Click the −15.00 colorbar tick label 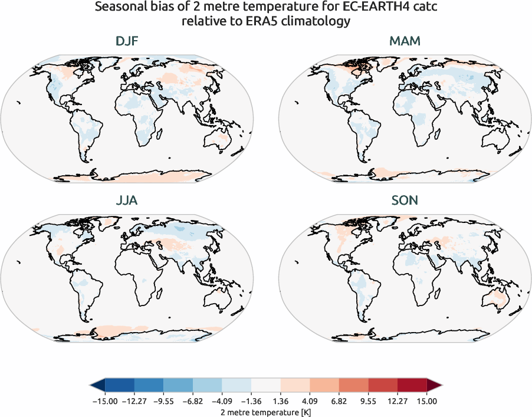point(105,400)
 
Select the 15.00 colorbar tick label point(427,400)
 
